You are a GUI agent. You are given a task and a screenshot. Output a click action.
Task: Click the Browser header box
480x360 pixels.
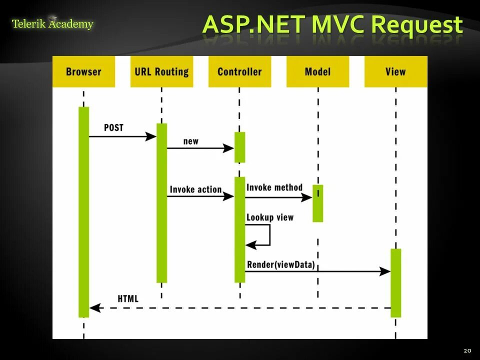point(83,71)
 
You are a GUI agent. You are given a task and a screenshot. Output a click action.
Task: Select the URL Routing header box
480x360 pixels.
point(161,71)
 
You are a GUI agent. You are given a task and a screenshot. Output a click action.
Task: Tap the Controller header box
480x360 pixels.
point(239,71)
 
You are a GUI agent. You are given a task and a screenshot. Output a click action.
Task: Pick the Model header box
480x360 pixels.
point(317,71)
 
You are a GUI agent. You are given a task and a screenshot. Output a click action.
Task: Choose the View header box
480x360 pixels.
point(395,71)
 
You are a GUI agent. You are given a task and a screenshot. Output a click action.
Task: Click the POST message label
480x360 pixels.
point(113,127)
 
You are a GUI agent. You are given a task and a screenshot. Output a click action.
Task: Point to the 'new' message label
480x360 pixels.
point(191,141)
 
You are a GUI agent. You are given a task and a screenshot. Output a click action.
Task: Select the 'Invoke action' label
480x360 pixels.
point(195,189)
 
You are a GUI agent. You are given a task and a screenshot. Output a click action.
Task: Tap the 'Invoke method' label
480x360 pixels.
point(274,187)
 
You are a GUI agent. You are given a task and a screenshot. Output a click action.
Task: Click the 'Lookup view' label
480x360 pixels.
point(270,217)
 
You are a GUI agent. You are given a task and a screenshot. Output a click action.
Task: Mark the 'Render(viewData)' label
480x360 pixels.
point(281,264)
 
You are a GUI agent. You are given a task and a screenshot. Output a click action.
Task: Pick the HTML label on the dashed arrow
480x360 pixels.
point(128,299)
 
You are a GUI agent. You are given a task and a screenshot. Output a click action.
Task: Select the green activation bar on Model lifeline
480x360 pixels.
point(317,203)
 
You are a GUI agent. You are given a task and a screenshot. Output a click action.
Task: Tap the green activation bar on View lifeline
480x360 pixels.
point(395,282)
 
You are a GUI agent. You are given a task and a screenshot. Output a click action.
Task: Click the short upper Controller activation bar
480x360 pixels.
point(239,147)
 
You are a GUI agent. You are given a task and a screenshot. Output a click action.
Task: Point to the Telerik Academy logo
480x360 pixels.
point(52,23)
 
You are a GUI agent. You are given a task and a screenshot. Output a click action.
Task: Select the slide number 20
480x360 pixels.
point(467,350)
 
